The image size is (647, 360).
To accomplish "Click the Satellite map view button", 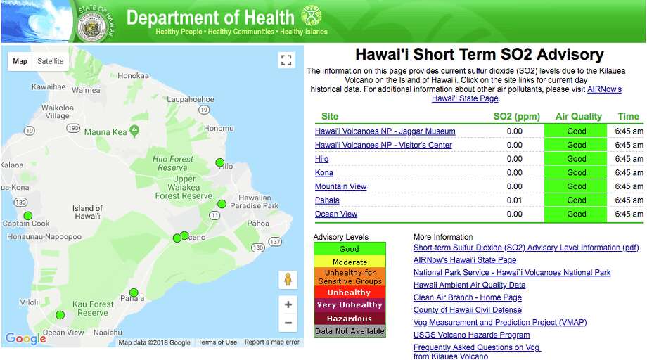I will (51, 61).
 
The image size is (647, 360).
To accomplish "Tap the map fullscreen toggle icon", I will (286, 60).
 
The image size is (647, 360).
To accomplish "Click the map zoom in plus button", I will (288, 304).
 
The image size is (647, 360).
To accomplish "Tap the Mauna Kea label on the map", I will (105, 132).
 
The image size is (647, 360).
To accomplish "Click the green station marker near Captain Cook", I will (28, 215).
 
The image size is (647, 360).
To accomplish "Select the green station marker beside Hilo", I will (220, 162).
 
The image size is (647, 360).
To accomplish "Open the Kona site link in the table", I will (324, 172).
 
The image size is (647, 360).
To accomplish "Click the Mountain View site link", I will (340, 186).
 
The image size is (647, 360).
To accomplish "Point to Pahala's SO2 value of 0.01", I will (514, 200).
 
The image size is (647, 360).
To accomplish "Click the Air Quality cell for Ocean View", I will (576, 214).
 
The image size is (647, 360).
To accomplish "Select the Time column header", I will (628, 116).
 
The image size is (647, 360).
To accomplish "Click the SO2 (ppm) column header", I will (516, 116).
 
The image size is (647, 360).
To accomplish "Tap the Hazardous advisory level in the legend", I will (349, 319).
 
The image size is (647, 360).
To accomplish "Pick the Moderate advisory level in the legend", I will (350, 262).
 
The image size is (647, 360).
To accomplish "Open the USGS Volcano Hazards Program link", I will (471, 335).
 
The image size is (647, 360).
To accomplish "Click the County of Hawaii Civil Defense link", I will (467, 310).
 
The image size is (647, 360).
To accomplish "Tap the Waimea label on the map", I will (86, 90).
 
